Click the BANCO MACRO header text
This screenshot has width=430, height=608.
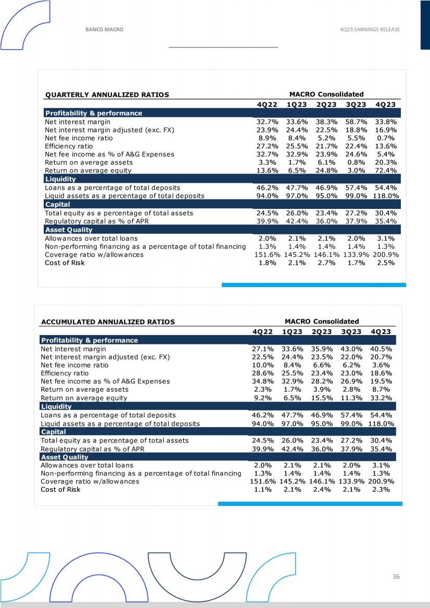click(x=104, y=30)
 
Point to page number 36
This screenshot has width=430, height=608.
click(x=397, y=577)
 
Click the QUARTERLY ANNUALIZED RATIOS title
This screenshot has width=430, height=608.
click(x=107, y=95)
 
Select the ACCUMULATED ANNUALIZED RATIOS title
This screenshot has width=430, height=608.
click(x=108, y=322)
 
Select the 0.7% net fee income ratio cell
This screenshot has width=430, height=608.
click(x=387, y=138)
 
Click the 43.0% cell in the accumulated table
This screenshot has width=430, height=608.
click(x=352, y=349)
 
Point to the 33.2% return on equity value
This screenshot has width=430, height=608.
click(x=382, y=398)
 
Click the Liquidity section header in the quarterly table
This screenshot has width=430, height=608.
click(x=60, y=179)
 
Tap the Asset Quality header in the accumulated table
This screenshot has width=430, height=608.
click(x=65, y=457)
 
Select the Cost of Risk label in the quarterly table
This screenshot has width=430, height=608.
click(x=65, y=263)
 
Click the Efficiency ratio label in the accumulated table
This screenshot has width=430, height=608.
click(x=65, y=373)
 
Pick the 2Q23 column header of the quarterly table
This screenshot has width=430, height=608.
click(x=327, y=104)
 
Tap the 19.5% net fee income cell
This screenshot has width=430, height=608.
click(x=382, y=381)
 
